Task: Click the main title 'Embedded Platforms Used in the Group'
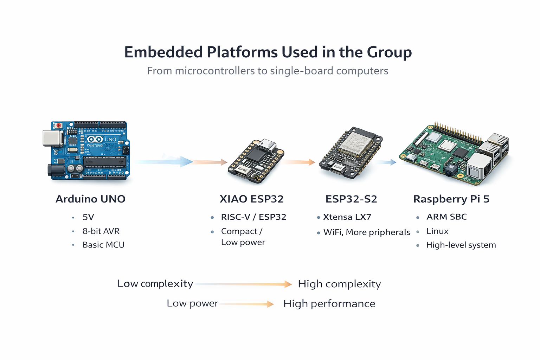click(x=268, y=52)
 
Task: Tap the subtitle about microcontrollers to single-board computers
click(x=268, y=71)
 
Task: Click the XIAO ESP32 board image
click(x=256, y=161)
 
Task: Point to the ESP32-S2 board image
click(x=351, y=153)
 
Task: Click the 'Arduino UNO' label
click(x=90, y=199)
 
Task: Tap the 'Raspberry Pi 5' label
click(x=451, y=199)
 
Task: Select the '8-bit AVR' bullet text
click(x=101, y=231)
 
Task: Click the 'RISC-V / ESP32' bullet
click(x=253, y=217)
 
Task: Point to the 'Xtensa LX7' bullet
click(x=347, y=217)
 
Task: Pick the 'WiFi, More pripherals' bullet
click(x=367, y=232)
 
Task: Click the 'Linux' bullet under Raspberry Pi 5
click(x=437, y=231)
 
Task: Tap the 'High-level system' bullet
click(x=461, y=245)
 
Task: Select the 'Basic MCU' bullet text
click(x=103, y=245)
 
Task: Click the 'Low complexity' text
click(x=155, y=284)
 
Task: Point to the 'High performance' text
click(x=329, y=304)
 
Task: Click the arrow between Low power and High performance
click(x=248, y=304)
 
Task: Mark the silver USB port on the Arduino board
click(x=52, y=138)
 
